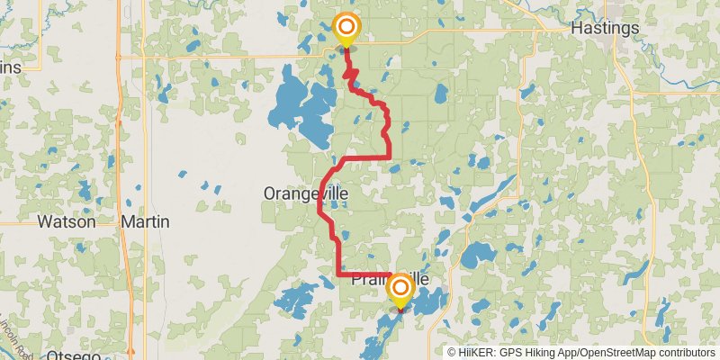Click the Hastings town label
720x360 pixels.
click(x=605, y=28)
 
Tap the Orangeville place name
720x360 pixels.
click(x=305, y=193)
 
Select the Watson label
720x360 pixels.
click(x=66, y=220)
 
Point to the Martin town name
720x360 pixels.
click(x=145, y=220)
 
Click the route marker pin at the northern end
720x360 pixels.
click(x=345, y=29)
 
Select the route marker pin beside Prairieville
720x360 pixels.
click(x=400, y=291)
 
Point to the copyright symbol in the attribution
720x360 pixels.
click(x=452, y=352)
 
